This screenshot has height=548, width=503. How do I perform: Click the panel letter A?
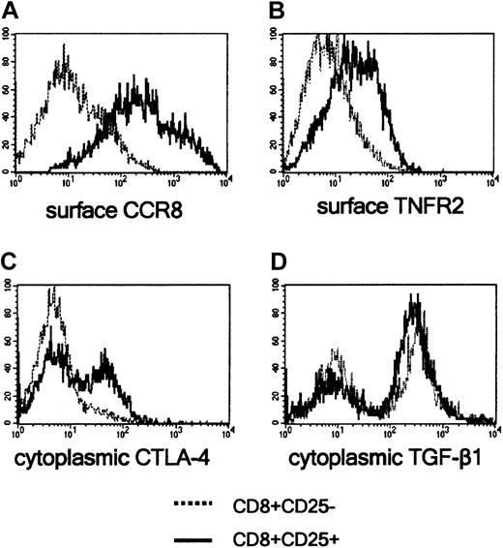click(11, 11)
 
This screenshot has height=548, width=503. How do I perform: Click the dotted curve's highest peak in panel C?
click(53, 289)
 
